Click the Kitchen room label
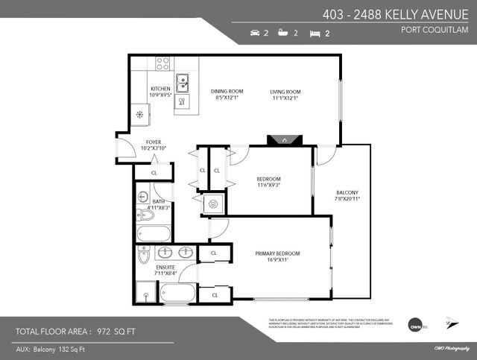(160, 88)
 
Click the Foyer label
(154, 142)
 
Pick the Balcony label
(347, 193)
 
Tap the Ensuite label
(165, 267)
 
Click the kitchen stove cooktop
(163, 63)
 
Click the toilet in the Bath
(146, 215)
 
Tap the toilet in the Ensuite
(145, 255)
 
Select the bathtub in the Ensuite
(178, 295)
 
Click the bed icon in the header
(315, 34)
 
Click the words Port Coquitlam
(438, 31)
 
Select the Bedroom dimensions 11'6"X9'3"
(268, 186)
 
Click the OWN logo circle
(417, 324)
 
